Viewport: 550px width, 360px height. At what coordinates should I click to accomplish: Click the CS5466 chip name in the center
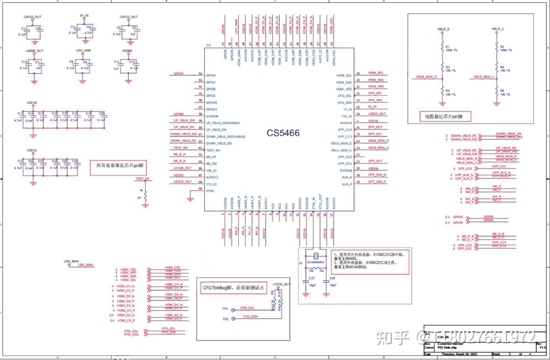[283, 133]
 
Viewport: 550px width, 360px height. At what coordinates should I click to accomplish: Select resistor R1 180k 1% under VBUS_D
[443, 48]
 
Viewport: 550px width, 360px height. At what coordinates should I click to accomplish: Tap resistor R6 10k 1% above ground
[497, 93]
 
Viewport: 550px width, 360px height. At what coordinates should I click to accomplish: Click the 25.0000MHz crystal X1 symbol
[316, 255]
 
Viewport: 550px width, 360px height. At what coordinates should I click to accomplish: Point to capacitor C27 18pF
[306, 282]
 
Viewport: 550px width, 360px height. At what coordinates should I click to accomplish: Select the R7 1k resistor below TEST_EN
[145, 196]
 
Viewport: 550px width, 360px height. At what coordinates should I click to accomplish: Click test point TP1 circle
[233, 310]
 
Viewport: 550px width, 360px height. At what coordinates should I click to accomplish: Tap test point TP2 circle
[233, 318]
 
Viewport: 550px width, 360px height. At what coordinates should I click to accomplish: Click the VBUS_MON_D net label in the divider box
[426, 77]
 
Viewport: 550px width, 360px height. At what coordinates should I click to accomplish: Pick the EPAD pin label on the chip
[210, 191]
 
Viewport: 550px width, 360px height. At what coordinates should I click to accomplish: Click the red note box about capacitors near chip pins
[118, 166]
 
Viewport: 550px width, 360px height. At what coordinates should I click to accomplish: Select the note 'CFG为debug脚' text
[233, 288]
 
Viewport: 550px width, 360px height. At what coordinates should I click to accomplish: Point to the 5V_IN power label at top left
[84, 15]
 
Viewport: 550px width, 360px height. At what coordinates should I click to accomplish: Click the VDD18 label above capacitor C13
[32, 103]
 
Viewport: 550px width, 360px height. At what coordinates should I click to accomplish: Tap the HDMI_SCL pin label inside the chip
[344, 75]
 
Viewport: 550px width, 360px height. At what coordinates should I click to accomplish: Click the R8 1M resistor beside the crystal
[316, 268]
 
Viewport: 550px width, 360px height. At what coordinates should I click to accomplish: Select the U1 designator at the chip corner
[208, 45]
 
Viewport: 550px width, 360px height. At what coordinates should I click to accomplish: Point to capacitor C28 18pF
[327, 282]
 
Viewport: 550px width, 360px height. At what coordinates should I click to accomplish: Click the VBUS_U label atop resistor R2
[497, 29]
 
